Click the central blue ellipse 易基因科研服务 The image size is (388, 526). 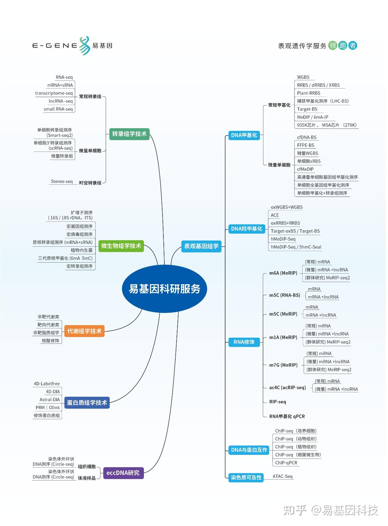point(164,288)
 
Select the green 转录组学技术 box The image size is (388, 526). point(129,134)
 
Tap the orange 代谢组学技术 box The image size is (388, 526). point(84,331)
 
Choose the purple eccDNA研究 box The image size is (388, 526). point(123,473)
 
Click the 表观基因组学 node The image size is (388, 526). point(201,246)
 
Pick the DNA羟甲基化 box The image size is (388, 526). point(247,229)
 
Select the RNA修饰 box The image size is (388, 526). point(244,342)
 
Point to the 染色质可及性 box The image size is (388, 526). point(246,477)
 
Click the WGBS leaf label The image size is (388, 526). point(303,77)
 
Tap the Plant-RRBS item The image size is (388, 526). point(309,93)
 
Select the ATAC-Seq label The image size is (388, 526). point(282,476)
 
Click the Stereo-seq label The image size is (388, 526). point(62,181)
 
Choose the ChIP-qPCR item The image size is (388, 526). point(286,463)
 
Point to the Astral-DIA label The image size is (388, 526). point(50,400)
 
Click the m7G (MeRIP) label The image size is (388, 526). point(283,365)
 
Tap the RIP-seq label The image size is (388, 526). point(277,402)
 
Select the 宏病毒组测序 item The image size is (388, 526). point(79,234)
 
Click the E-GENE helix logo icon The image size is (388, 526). point(85,46)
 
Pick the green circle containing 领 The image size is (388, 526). point(332,45)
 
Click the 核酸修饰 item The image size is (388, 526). point(50,340)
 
